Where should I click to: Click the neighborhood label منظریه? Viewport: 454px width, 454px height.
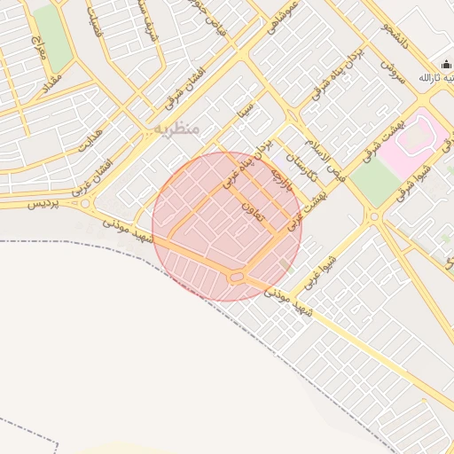click(177, 129)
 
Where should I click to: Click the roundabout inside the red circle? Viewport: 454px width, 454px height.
click(236, 278)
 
